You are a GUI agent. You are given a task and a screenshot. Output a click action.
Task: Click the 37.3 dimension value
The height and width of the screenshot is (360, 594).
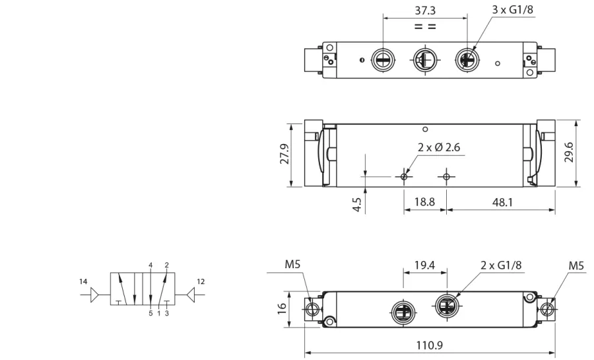[425, 10]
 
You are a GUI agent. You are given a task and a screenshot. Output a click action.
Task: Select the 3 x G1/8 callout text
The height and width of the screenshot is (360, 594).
[512, 9]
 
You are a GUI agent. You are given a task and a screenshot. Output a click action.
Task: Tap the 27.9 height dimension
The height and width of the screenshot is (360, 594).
[284, 154]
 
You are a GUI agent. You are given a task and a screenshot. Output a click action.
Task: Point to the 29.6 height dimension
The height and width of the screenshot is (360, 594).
[569, 153]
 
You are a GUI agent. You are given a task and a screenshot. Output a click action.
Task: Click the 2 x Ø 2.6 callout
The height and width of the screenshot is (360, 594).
[439, 147]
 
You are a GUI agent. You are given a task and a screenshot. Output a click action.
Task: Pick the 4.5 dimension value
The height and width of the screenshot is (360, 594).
[357, 205]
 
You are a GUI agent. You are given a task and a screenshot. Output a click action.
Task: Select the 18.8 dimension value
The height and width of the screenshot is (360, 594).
[424, 201]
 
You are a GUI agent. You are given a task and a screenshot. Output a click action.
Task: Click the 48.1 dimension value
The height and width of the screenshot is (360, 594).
[502, 202]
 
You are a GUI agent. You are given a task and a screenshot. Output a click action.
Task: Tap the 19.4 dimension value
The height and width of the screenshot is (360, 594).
[424, 266]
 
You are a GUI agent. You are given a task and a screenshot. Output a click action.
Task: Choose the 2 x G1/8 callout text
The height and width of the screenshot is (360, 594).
[501, 266]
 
